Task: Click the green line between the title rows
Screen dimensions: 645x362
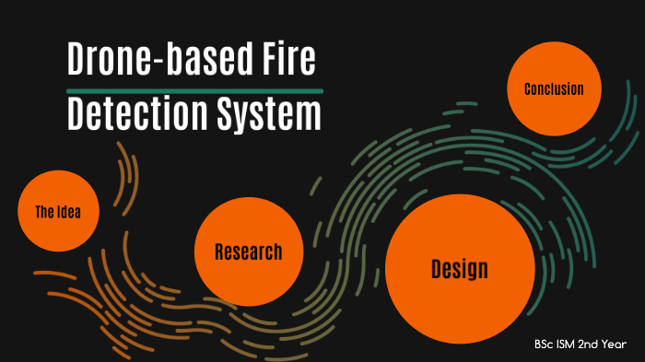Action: (194, 90)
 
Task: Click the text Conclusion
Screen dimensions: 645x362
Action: (554, 89)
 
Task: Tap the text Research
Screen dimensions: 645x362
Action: (248, 251)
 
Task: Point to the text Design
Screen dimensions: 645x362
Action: (460, 269)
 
